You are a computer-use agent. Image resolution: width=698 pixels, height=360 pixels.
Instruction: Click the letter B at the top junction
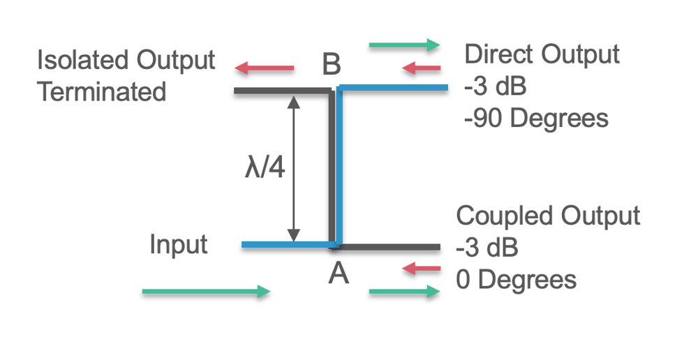pos(332,65)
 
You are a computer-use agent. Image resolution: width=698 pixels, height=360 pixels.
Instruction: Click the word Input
pos(179,245)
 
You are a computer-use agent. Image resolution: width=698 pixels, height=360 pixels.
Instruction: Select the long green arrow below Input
pos(206,292)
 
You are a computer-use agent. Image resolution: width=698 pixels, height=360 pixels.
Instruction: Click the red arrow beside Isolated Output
pos(265,68)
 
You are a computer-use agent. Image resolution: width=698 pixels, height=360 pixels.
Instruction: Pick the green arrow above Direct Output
pos(404,46)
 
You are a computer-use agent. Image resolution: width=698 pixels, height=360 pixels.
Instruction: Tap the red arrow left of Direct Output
pos(422,68)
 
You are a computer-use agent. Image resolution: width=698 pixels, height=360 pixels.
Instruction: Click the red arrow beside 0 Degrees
pos(422,269)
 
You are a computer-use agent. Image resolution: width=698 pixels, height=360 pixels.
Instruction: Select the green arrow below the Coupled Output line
pos(404,292)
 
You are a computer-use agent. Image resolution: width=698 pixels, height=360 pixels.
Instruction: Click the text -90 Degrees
pos(536,118)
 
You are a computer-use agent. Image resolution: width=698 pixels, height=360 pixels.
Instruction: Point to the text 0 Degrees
pos(517,280)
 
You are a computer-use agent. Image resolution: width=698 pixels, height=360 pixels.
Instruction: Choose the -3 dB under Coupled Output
pos(487,248)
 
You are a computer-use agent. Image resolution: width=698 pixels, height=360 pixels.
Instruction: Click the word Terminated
pos(102,91)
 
